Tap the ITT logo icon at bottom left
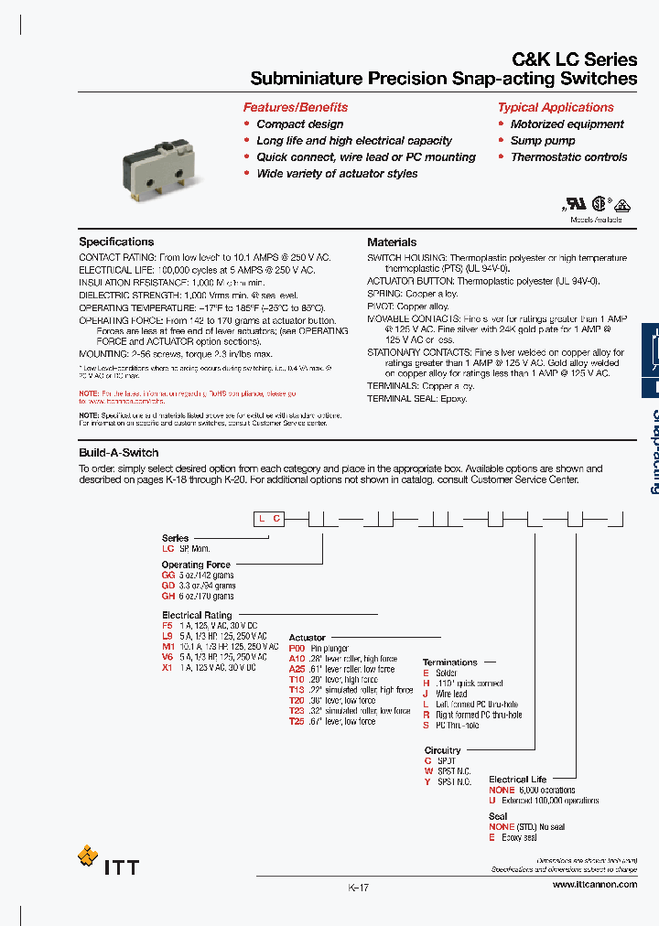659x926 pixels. [88, 856]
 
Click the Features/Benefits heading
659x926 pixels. [295, 107]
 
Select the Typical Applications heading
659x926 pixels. [556, 107]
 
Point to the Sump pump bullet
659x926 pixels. [543, 141]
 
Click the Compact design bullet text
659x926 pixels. [300, 124]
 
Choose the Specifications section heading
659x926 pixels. [116, 242]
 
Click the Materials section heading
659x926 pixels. [392, 242]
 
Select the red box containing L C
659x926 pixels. [269, 519]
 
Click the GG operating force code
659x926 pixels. [168, 576]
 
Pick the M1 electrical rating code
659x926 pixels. [167, 646]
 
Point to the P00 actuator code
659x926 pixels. [296, 649]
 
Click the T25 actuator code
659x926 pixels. [296, 721]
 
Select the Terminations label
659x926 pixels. [449, 662]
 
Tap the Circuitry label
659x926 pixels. [442, 750]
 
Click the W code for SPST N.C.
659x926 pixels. [427, 771]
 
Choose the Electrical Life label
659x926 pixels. [517, 780]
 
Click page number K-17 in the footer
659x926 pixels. [358, 888]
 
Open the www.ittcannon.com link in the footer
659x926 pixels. [594, 885]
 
